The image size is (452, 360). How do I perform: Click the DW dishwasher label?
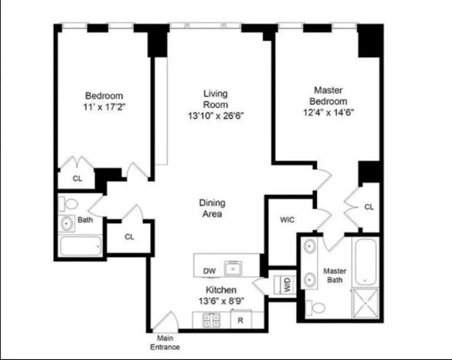coord(209,271)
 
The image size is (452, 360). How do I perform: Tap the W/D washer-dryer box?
coord(285,284)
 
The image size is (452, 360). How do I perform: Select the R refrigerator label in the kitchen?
coord(240,321)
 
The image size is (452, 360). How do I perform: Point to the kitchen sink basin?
coord(233,269)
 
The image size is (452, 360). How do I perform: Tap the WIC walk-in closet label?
coord(287,220)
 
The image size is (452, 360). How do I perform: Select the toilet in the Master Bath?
coord(316,307)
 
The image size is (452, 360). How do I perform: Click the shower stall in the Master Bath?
coord(365,302)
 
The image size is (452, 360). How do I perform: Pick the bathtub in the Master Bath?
coord(365,262)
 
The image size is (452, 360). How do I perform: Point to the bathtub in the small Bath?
coord(80,246)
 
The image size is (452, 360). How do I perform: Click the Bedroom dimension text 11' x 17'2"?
coord(104,107)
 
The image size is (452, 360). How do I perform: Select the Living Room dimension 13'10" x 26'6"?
coord(216,116)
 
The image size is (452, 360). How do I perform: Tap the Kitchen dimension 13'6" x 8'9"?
coord(221,301)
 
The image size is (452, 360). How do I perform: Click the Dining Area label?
coord(212,208)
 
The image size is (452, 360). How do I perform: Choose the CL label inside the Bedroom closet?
coord(77,178)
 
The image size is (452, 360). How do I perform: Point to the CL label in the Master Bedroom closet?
coord(369,207)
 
